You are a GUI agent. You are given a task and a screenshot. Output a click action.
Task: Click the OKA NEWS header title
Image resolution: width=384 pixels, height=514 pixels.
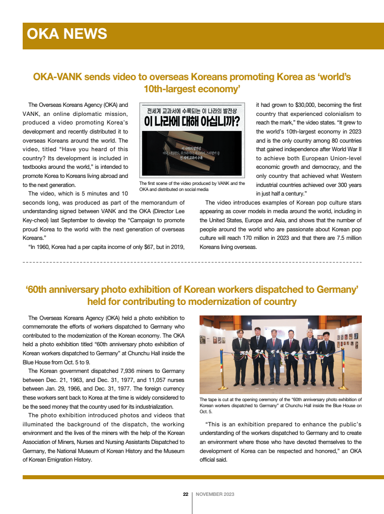tap(67, 34)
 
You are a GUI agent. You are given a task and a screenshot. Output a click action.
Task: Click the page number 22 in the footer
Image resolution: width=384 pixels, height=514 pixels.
tap(185, 494)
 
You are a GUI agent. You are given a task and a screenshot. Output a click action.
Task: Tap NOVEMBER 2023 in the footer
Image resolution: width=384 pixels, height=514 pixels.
tap(215, 494)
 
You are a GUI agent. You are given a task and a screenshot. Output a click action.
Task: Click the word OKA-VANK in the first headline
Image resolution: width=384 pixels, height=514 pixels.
tap(57, 77)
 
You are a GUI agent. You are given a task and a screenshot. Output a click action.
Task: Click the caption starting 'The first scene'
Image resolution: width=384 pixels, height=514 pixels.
tap(191, 186)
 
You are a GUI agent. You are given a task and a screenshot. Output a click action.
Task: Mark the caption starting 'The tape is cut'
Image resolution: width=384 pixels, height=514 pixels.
tap(280, 405)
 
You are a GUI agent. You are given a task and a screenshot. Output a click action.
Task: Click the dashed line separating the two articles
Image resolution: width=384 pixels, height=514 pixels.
tap(192, 263)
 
